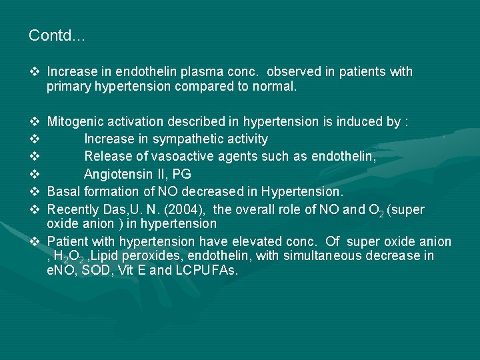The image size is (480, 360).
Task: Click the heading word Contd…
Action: click(x=57, y=36)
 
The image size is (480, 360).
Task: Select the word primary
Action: click(x=69, y=87)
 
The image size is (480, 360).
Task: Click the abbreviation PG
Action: click(x=181, y=174)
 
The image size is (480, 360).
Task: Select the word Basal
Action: click(x=63, y=191)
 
